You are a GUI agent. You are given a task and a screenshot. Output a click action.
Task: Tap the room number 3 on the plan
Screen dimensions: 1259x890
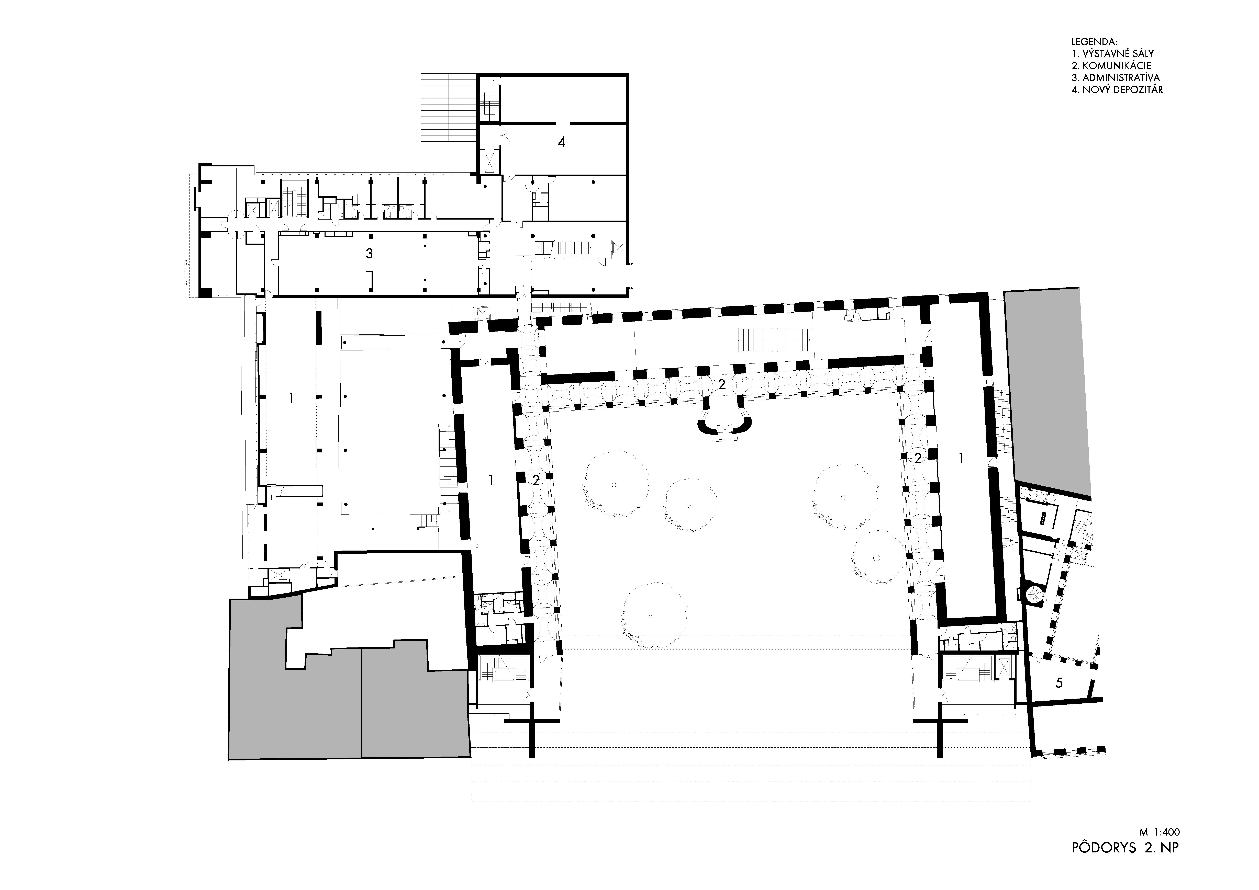(369, 254)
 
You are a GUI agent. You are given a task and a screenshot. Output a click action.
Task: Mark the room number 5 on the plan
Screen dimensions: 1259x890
(1059, 683)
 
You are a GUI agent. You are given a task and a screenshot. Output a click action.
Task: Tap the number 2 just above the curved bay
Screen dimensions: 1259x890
(722, 385)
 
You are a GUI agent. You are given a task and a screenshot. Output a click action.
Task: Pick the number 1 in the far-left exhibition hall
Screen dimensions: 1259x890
(291, 398)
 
